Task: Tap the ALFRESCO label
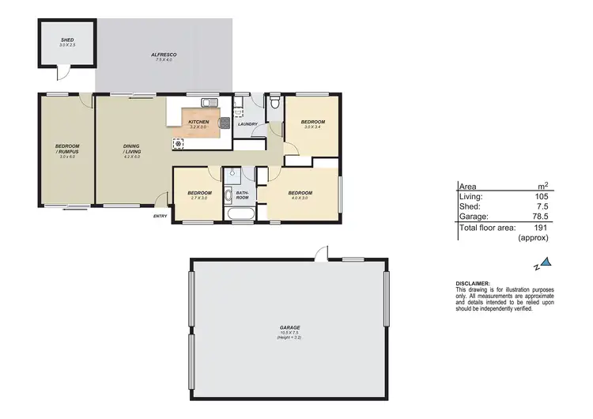point(164,54)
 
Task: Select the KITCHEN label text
point(198,122)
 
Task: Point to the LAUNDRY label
point(247,124)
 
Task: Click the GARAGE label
point(289,327)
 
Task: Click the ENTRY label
point(160,216)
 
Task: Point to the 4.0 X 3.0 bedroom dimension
point(300,198)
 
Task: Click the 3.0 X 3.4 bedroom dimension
point(314,126)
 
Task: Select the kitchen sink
point(209,101)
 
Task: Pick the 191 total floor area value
point(540,227)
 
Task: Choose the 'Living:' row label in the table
point(470,196)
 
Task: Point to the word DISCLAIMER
point(473,283)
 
